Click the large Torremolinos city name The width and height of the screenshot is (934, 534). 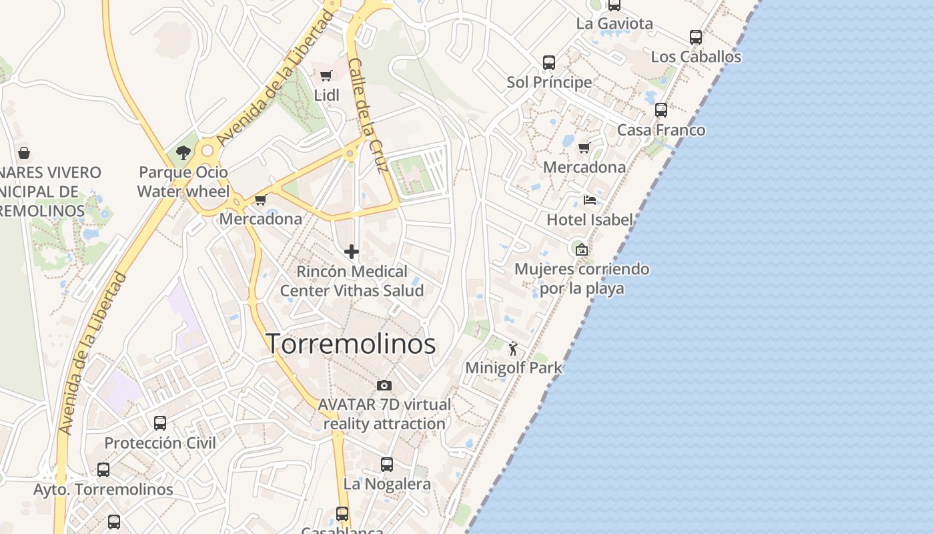[x=351, y=344]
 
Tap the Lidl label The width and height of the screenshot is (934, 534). [x=326, y=95]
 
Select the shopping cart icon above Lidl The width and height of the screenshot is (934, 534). [x=326, y=75]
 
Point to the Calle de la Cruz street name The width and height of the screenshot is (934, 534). [x=368, y=115]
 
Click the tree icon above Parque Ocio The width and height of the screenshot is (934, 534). [x=183, y=153]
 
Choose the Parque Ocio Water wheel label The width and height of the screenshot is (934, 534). [x=183, y=182]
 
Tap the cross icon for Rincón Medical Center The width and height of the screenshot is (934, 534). [x=352, y=252]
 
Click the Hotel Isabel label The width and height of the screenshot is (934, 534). [x=590, y=220]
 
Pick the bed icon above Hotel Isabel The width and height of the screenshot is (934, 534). [x=590, y=200]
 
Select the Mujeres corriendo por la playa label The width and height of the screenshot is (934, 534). [x=582, y=278]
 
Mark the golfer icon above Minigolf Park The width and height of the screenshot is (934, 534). [x=513, y=348]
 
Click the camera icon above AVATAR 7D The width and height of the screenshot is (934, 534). [x=384, y=385]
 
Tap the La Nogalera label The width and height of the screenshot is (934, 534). [x=387, y=484]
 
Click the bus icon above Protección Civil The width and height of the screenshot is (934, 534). [x=160, y=423]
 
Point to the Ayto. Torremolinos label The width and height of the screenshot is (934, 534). [x=103, y=489]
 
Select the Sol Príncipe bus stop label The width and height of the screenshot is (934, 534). [x=549, y=82]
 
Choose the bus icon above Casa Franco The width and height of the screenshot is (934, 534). [x=661, y=110]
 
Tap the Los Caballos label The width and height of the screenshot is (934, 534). [x=696, y=57]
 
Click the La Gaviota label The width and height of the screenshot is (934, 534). [x=614, y=24]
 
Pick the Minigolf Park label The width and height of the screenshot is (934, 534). [x=514, y=368]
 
